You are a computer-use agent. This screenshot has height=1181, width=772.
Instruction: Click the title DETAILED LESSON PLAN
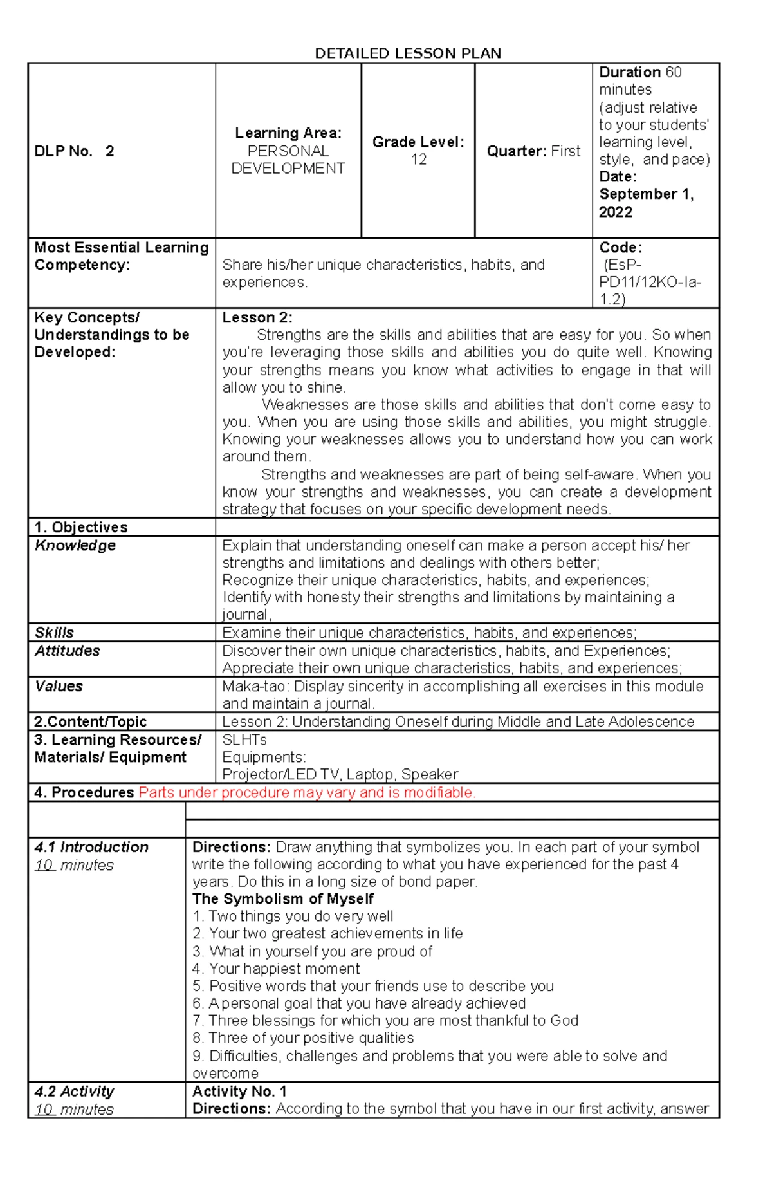click(x=407, y=53)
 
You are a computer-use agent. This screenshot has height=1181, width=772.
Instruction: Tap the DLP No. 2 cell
click(x=74, y=151)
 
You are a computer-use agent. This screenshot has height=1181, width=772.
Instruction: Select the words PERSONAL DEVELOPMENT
click(x=288, y=160)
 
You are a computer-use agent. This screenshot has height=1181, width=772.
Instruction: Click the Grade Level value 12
click(x=419, y=160)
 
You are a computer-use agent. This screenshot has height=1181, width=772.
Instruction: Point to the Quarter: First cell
click(x=533, y=151)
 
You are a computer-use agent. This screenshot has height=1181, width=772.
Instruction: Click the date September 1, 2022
click(x=645, y=203)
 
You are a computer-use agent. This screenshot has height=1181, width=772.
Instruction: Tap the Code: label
click(x=620, y=248)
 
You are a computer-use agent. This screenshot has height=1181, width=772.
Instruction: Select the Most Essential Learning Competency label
click(x=121, y=256)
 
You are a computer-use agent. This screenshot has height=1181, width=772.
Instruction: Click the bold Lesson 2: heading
click(x=257, y=318)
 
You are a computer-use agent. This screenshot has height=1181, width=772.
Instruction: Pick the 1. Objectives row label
click(x=81, y=527)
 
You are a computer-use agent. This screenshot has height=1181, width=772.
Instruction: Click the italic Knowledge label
click(x=75, y=545)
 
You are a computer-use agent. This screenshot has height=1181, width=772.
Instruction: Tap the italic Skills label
click(x=54, y=632)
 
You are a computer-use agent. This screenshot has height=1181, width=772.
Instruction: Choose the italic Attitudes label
click(x=68, y=651)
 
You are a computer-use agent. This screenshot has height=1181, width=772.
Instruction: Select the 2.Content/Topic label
click(x=90, y=721)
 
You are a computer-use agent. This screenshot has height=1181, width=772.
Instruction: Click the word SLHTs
click(x=244, y=739)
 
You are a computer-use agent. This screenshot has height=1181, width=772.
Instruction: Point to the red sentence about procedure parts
click(x=307, y=792)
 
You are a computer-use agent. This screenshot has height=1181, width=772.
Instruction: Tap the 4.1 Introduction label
click(x=91, y=847)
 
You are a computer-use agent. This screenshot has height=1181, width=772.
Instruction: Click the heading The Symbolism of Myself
click(x=283, y=899)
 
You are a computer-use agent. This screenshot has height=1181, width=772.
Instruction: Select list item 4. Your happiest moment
click(x=276, y=969)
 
